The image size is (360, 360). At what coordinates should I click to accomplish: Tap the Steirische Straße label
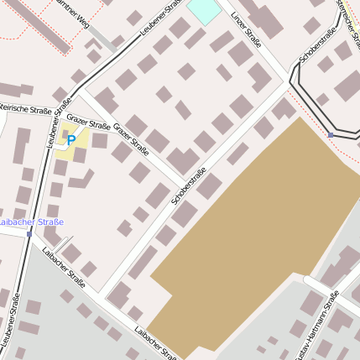point(24,108)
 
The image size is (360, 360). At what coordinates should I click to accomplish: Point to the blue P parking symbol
point(71,140)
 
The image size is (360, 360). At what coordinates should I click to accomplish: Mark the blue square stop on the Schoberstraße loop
point(331,134)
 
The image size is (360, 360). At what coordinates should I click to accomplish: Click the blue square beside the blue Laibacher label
point(29,234)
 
